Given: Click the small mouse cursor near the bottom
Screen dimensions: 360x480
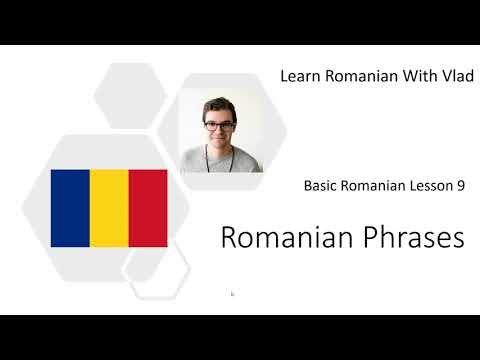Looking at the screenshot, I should [232, 294].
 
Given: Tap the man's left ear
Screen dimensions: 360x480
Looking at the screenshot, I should [237, 128].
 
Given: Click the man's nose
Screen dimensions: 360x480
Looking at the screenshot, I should [220, 133].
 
